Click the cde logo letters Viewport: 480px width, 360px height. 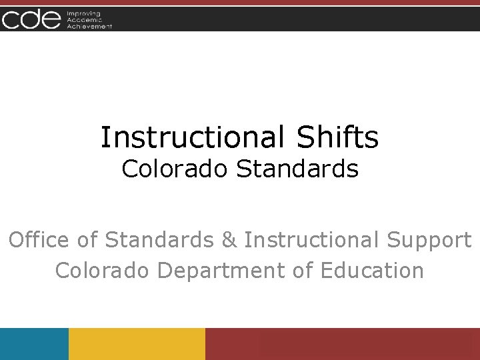tap(31, 19)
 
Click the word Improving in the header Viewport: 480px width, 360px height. tap(82, 13)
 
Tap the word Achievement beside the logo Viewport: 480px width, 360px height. tap(89, 26)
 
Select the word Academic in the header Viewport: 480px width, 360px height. tap(83, 19)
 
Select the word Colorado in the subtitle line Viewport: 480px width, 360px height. tap(175, 169)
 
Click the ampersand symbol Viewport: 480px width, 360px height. tap(229, 240)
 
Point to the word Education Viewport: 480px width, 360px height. tap(372, 271)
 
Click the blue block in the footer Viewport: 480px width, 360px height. tap(34, 344)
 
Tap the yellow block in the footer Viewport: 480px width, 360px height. tap(137, 344)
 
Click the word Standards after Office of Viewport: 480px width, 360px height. tap(159, 239)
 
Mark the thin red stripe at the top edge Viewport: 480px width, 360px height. tap(240, 3)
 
